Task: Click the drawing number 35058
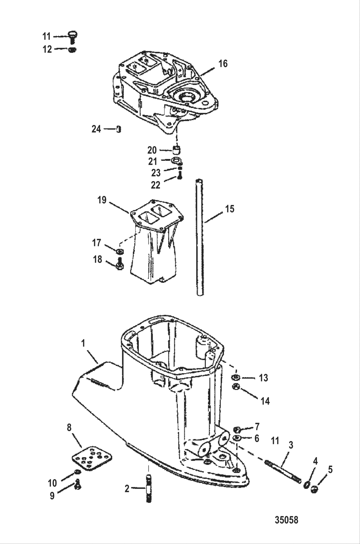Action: coord(286,520)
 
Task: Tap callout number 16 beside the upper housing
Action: coord(223,64)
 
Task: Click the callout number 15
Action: coord(230,209)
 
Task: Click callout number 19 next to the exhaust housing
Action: coord(102,200)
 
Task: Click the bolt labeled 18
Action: coord(120,264)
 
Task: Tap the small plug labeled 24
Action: coord(119,129)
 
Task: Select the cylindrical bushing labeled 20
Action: coord(176,150)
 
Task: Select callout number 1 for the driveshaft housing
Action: coord(83,343)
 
